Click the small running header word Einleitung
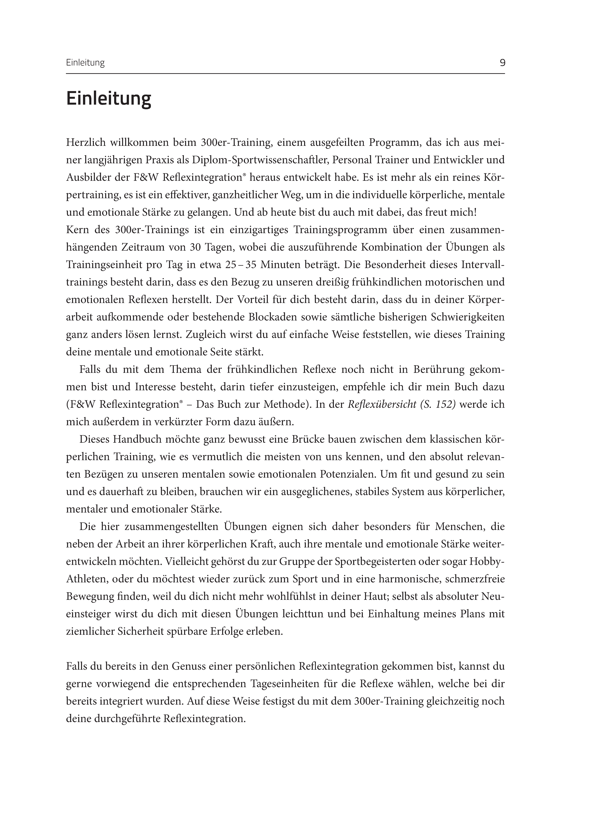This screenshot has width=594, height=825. coord(85,63)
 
